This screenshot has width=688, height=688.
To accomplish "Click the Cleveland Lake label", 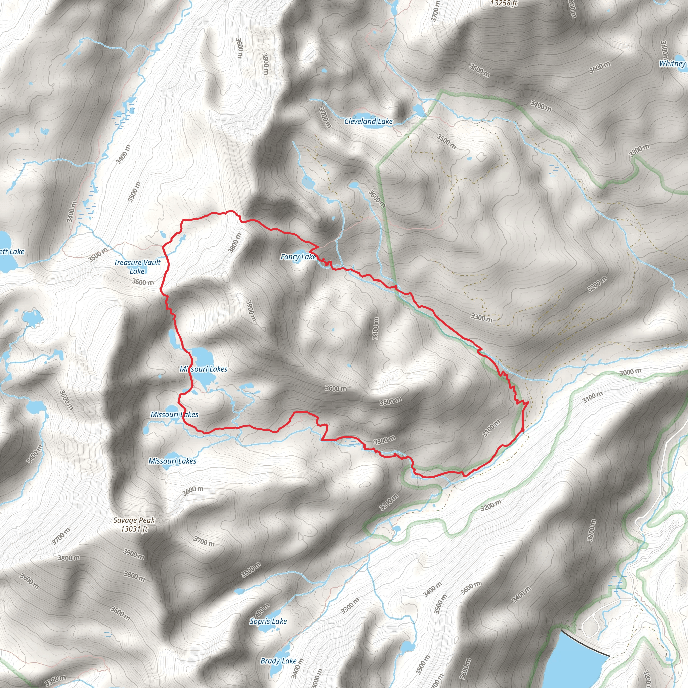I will click(x=368, y=121).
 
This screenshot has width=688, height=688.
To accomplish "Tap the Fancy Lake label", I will click(x=298, y=257).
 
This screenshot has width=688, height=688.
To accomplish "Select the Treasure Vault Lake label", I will click(x=137, y=267).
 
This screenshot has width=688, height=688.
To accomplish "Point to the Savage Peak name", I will click(x=134, y=520).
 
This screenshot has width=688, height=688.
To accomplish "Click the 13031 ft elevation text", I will click(x=134, y=529).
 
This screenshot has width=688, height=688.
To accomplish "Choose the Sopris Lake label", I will click(x=268, y=621).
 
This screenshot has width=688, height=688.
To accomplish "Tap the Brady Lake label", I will click(x=278, y=661).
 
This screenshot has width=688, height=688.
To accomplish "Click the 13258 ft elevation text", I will click(x=504, y=4).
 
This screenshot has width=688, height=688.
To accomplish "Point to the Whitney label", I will click(x=672, y=64).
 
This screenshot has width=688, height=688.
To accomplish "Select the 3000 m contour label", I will click(x=630, y=372).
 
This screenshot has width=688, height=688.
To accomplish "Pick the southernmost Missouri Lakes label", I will click(x=172, y=461).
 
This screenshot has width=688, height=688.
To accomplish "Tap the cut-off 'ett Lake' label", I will click(x=12, y=252).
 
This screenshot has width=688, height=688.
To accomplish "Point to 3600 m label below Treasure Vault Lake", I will click(x=143, y=282).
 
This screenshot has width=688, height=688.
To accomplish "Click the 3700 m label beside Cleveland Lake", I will click(x=325, y=118).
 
